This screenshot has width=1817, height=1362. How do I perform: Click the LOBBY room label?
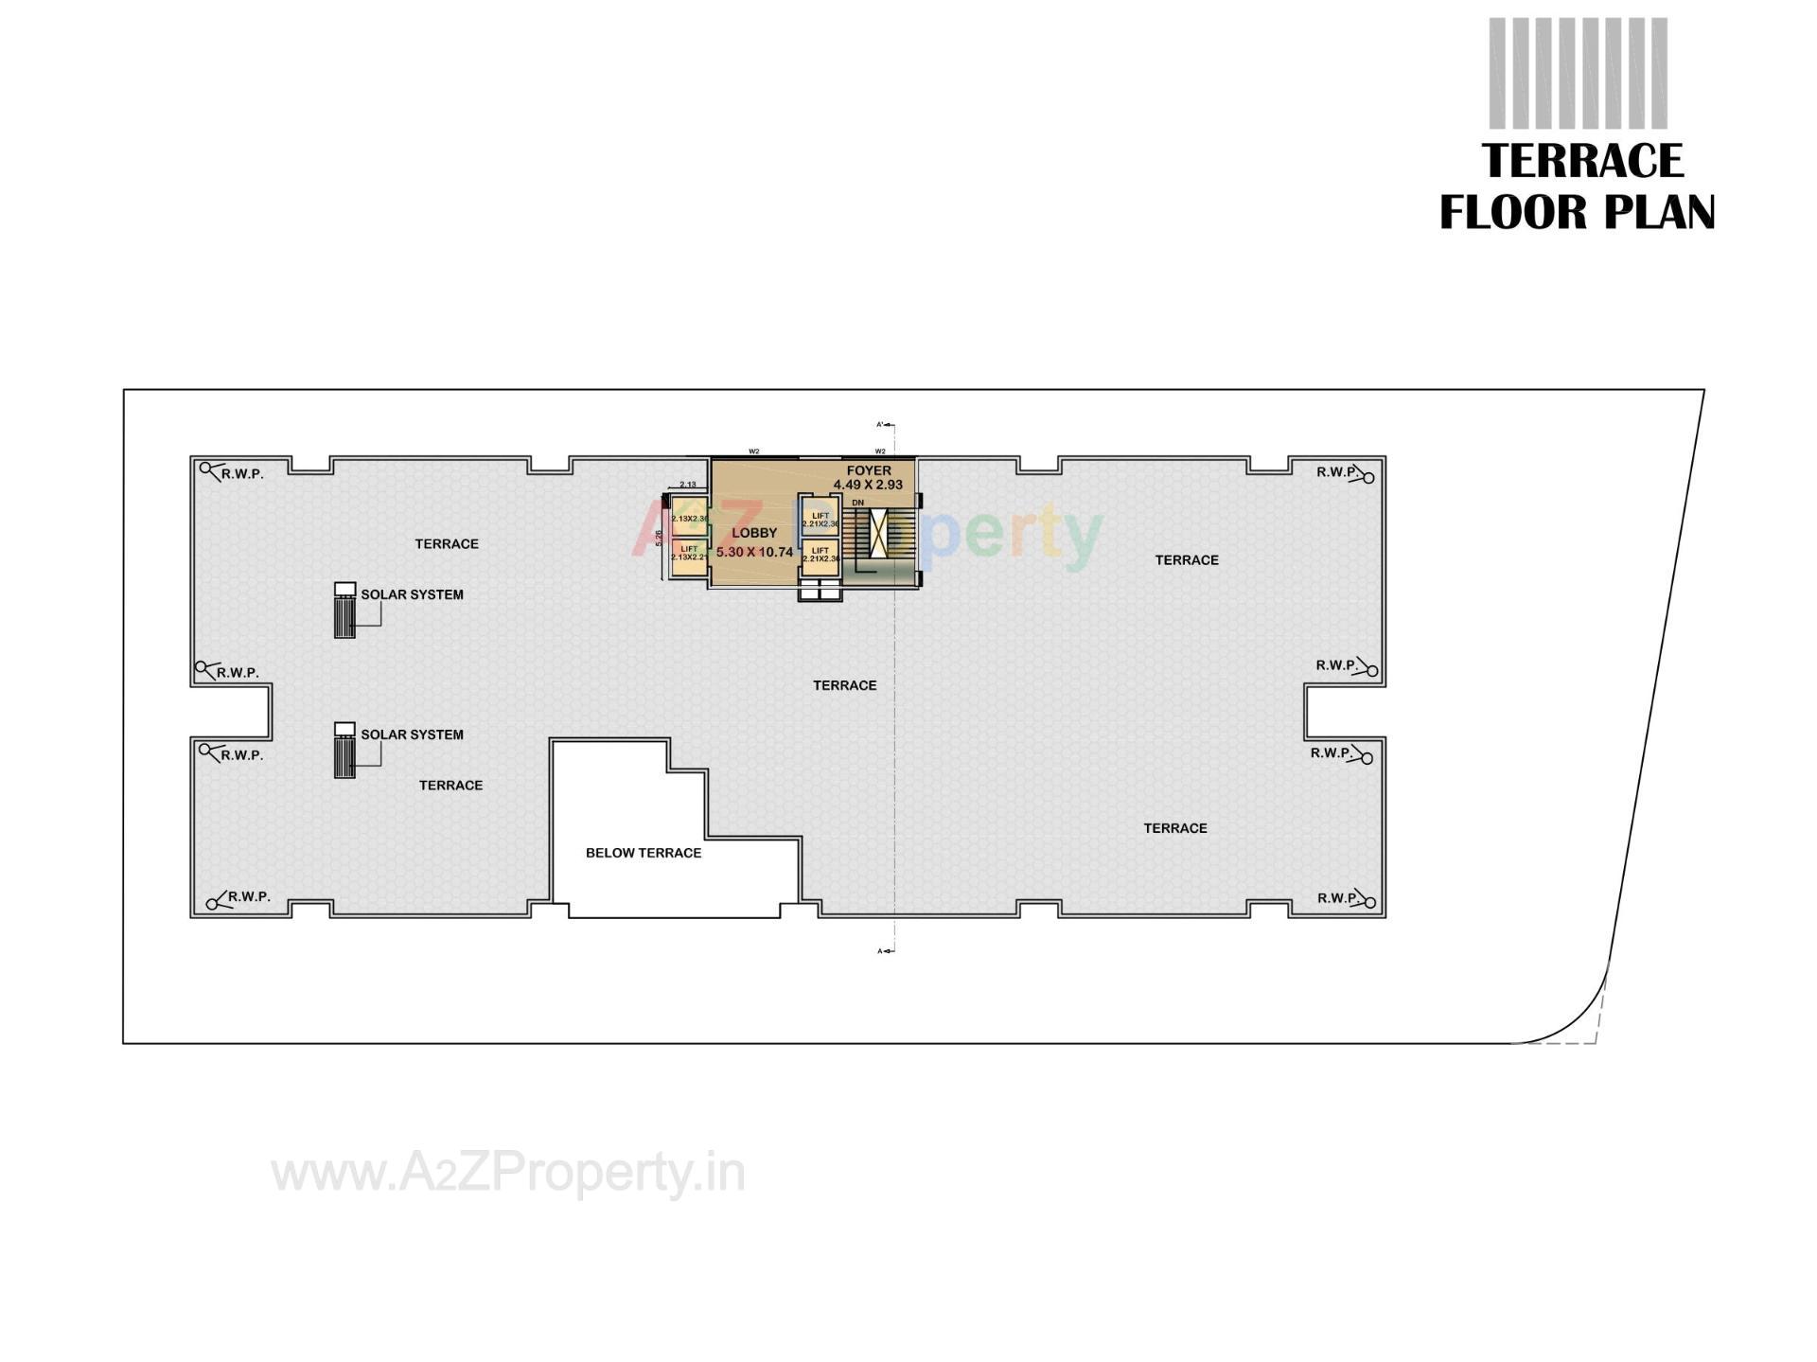tap(753, 533)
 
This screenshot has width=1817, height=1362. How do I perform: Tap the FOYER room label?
tap(868, 470)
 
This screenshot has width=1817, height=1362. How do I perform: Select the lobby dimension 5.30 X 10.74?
tap(754, 552)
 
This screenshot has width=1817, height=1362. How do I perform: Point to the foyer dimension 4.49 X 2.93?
tap(868, 485)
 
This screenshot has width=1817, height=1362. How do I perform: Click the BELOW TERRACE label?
tap(644, 853)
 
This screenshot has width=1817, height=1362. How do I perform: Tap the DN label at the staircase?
tap(857, 503)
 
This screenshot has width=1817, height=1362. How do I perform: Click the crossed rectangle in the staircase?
tap(880, 532)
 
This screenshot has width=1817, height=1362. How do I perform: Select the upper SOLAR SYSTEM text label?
tap(412, 595)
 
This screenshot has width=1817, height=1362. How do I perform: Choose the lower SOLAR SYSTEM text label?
tap(412, 734)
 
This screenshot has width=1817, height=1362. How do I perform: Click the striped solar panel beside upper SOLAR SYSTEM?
tap(344, 616)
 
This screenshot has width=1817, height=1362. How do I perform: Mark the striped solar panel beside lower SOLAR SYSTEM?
tap(344, 756)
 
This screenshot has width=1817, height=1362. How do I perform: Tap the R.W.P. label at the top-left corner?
tap(243, 474)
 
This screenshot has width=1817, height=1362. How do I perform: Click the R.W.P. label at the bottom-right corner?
tap(1337, 897)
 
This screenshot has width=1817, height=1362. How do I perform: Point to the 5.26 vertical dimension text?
tap(659, 539)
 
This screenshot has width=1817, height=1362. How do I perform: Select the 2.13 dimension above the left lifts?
tap(688, 485)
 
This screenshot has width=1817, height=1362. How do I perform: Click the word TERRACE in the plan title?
tap(1582, 161)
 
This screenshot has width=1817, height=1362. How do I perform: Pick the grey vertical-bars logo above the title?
tap(1578, 73)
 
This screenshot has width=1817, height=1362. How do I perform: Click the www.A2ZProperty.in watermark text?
tap(508, 1174)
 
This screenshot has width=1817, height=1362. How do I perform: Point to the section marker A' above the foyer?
tap(880, 425)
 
